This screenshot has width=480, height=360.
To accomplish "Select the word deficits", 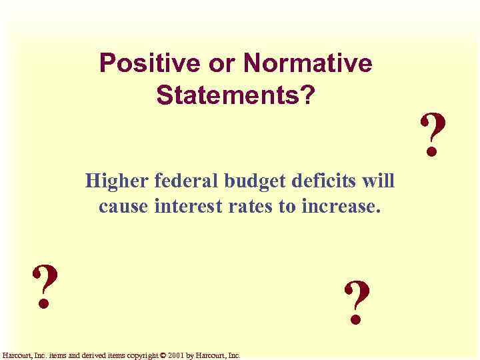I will point(328,181).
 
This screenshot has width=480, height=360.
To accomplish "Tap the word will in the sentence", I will point(380,181).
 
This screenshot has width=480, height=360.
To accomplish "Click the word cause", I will point(124,206).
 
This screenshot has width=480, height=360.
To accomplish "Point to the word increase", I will point(340,206).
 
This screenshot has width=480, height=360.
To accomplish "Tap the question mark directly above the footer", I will point(44,287).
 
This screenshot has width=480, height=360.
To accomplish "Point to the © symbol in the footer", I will point(164,356).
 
